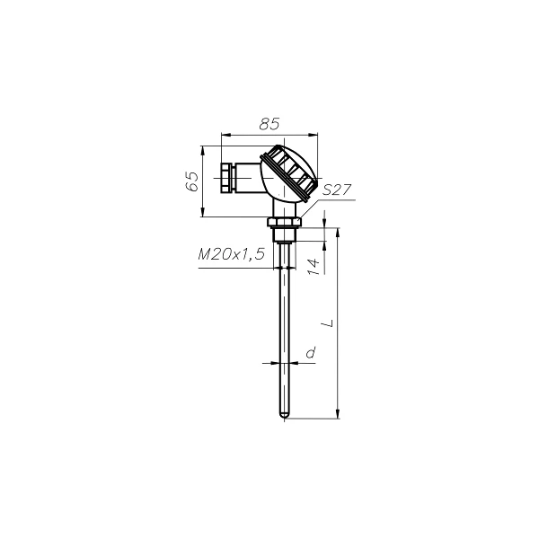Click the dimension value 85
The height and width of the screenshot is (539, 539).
pyautogui.click(x=269, y=124)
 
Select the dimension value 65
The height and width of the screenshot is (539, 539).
pyautogui.click(x=192, y=181)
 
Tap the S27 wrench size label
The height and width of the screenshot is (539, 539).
pyautogui.click(x=337, y=190)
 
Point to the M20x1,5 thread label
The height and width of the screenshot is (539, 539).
pyautogui.click(x=232, y=254)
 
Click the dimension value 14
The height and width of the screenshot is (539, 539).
pyautogui.click(x=314, y=267)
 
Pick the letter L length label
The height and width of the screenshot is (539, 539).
pyautogui.click(x=330, y=323)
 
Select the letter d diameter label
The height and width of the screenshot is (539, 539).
pyautogui.click(x=311, y=352)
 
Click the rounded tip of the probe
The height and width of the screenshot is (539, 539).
pyautogui.click(x=284, y=416)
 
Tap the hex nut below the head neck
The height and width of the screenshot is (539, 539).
pyautogui.click(x=284, y=222)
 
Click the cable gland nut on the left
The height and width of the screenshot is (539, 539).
pyautogui.click(x=228, y=178)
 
